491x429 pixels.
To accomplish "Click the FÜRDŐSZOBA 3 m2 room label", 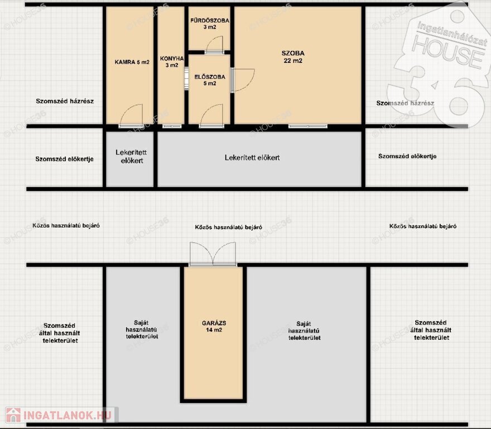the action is tap(210, 23).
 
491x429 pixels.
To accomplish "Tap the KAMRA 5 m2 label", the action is tap(132, 62).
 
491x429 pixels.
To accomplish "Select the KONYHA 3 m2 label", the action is tap(172, 62).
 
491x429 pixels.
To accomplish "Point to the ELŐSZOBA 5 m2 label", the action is tap(209, 80).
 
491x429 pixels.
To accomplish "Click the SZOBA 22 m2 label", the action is tap(293, 57).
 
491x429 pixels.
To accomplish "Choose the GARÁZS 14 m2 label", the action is tap(214, 326).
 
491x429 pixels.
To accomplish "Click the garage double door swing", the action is tap(213, 254).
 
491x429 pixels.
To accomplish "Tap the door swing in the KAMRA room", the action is tap(132, 116).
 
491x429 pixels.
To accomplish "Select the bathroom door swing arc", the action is tap(214, 45).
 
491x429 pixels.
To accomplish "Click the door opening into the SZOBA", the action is tap(243, 80).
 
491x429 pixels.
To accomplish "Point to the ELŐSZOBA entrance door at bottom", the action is tap(211, 116).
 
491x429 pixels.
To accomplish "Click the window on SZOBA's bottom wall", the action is tap(308, 126).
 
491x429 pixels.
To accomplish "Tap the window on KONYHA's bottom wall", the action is tap(172, 126).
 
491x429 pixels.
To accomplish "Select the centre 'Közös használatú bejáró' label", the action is tap(228, 227).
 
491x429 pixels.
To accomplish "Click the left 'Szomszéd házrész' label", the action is tap(65, 101).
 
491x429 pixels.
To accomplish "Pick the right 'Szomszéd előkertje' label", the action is tap(407, 156).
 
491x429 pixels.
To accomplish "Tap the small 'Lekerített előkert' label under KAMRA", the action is tap(131, 156).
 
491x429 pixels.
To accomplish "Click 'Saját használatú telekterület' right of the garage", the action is tap(305, 331).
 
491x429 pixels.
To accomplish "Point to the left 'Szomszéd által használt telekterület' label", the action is tap(60, 333).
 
